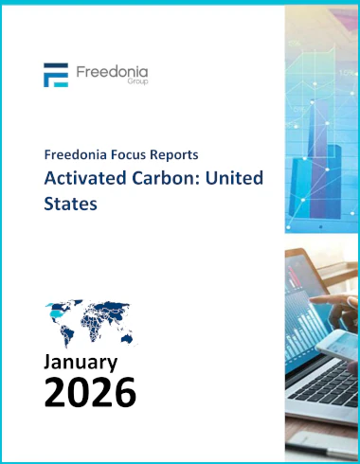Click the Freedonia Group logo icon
56,75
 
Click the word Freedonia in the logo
112,72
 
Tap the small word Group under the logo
137,81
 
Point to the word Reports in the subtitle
174,155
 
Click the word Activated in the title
85,178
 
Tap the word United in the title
234,178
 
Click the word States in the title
70,204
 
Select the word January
81,362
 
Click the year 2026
90,392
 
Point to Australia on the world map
127,338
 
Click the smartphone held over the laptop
337,344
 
